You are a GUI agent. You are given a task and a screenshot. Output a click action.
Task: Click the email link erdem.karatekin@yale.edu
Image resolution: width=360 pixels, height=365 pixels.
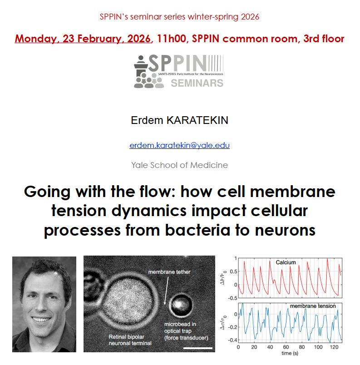pos(179,145)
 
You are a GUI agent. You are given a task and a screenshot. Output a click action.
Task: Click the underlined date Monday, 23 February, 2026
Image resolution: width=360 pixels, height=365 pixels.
pos(83,39)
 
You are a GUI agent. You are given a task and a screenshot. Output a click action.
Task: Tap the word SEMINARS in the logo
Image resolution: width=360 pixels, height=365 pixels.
pos(197,83)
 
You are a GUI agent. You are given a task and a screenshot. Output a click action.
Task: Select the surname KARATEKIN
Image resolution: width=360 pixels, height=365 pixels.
pos(197,120)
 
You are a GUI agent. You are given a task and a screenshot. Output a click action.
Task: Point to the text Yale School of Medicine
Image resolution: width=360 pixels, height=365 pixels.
pos(179,165)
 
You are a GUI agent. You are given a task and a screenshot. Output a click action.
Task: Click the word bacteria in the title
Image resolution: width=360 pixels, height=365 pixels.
pos(198,230)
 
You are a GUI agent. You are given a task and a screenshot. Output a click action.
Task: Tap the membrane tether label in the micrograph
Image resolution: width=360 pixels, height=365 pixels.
pos(169,272)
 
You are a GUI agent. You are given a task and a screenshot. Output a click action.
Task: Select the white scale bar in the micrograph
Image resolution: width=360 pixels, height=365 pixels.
pos(198,348)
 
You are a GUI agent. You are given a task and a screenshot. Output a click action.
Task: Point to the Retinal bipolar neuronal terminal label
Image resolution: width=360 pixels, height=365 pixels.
pos(130,340)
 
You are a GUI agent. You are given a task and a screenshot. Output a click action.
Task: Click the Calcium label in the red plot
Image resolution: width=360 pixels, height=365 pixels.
pos(286,262)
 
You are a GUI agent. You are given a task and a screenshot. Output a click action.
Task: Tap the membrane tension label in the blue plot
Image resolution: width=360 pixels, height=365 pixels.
pos(313,306)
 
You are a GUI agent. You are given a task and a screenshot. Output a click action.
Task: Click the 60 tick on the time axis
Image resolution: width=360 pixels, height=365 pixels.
pos(286,347)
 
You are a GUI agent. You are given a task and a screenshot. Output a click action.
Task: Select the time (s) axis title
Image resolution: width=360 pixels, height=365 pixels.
pos(290,353)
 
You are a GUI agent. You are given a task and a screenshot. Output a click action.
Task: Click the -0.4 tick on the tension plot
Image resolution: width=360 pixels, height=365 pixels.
pos(232,340)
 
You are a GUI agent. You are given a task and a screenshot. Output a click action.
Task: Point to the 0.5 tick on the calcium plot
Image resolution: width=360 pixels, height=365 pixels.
pos(233,271)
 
